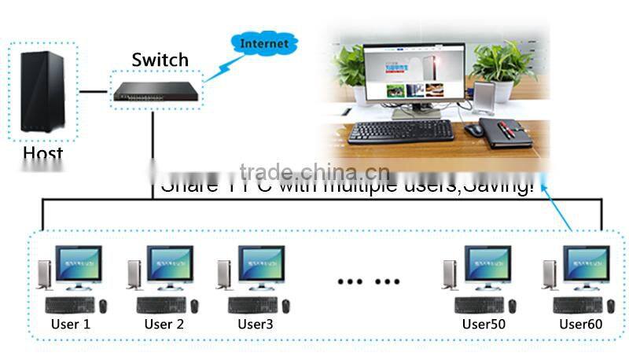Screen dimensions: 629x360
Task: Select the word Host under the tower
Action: coord(42,153)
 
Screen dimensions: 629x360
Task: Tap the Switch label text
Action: coord(160,60)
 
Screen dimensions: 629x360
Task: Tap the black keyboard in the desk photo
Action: coord(400,130)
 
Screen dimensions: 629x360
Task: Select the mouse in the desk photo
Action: coord(473,130)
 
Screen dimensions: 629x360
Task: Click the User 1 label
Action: coord(71,324)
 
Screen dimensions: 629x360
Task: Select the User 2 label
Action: coord(164,324)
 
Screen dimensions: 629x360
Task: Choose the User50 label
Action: coord(484,324)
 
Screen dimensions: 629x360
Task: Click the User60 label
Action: coord(581,324)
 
